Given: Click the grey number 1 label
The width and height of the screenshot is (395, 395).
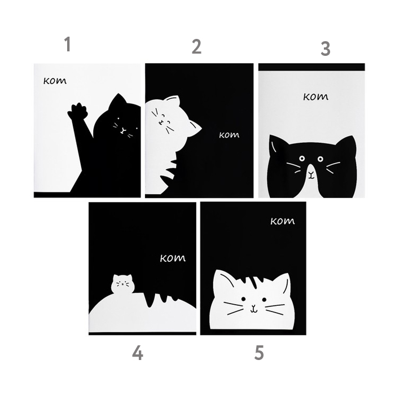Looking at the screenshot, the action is tap(67, 44).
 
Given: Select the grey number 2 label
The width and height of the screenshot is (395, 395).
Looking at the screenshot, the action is tap(196, 47).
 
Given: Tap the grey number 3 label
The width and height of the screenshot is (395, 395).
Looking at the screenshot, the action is tap(325, 49).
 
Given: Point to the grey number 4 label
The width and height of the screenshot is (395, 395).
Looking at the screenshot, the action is tap(138, 353).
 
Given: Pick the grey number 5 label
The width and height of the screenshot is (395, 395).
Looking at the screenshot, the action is tap(259, 353).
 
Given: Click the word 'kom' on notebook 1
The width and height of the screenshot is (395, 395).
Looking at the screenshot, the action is tap(55, 81).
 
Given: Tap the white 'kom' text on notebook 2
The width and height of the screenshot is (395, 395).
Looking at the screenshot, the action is tap(229, 135).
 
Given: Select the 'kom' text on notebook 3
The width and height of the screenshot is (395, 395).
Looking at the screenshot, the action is tap(315, 96).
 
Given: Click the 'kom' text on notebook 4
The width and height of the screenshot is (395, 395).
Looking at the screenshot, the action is tap(173, 258).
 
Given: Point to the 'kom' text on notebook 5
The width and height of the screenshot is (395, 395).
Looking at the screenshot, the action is tap(282, 221).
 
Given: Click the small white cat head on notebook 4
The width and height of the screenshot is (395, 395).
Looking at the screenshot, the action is tap(122, 284).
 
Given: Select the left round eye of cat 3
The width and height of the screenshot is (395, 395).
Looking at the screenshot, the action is tap(301, 159).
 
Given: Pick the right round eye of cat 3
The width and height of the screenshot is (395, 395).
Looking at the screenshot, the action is tap(320, 159).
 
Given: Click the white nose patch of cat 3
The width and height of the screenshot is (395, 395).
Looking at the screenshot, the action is tap(311, 174).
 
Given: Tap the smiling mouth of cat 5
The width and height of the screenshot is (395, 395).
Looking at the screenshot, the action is tap(254, 309).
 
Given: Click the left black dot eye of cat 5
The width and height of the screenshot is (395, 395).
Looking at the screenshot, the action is tap(243, 299).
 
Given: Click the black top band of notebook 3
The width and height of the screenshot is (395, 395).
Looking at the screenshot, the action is tap(311, 67).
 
